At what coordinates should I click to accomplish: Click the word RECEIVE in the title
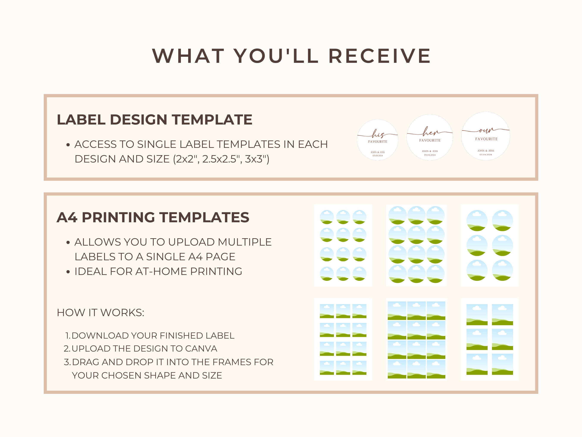coord(380,56)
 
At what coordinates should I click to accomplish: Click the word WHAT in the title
coord(188,56)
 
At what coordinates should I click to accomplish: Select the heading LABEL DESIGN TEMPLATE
coord(155,120)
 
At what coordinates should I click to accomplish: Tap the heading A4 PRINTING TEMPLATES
coord(153,217)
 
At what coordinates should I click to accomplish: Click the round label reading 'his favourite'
coord(378,140)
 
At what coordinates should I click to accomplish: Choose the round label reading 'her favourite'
coord(430,137)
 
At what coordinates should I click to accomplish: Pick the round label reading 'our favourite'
coord(486,136)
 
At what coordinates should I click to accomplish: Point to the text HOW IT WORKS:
coord(100,313)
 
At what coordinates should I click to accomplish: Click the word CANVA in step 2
coord(201,349)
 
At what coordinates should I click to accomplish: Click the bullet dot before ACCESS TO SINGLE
coord(68,145)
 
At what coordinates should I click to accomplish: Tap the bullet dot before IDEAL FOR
coord(68,271)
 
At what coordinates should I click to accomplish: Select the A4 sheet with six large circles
coord(489,245)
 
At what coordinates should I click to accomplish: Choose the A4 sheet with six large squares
coord(489,339)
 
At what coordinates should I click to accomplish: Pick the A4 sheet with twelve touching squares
coord(416,339)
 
